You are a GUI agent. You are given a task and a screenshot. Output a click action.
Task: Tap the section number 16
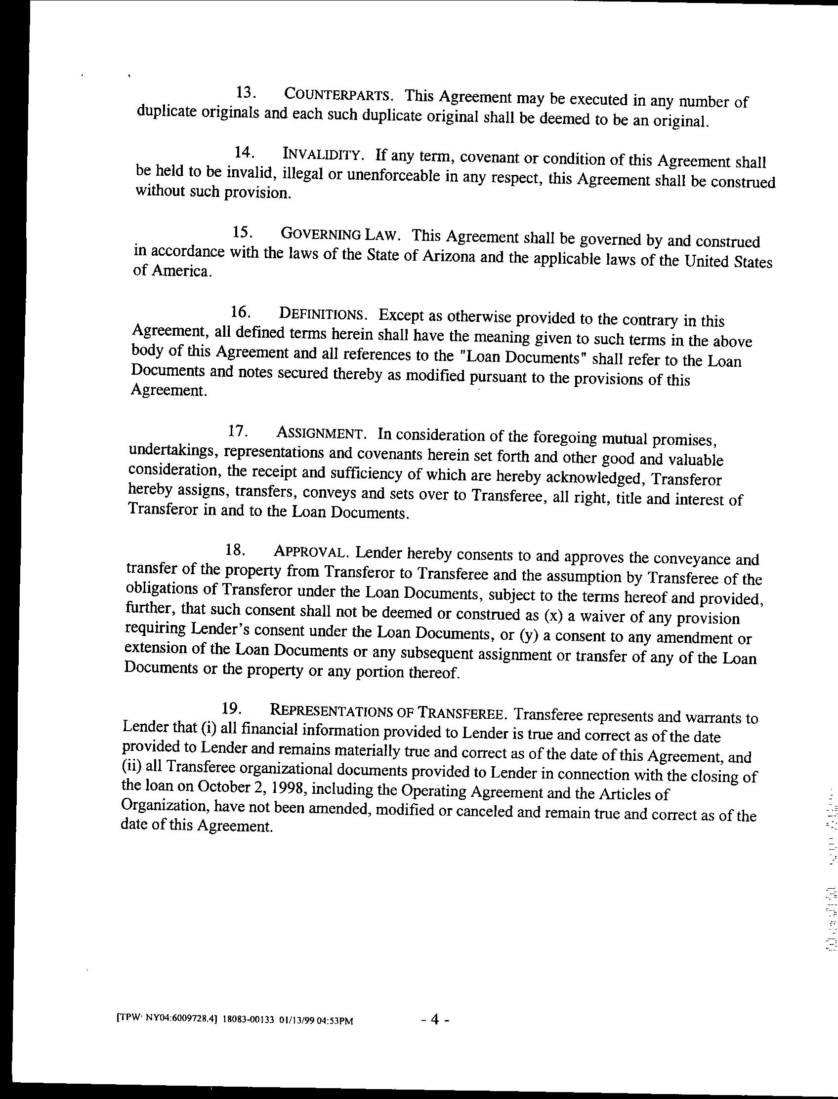click(x=240, y=312)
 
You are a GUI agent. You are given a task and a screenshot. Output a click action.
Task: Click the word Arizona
click(x=449, y=256)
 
